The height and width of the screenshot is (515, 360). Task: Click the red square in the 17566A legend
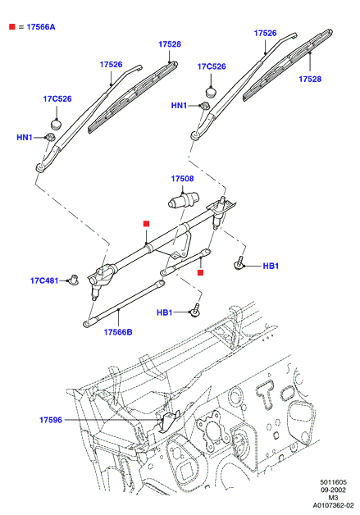12,26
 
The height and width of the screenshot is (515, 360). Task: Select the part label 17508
182,179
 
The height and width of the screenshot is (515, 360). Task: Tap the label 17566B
118,332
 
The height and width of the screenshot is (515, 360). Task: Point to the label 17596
51,420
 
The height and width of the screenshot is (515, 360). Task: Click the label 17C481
44,280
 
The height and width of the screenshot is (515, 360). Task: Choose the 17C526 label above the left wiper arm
57,99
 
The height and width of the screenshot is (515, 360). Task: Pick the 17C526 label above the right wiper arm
212,66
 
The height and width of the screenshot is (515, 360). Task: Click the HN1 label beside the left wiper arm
25,137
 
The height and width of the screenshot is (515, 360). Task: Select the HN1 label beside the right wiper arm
179,106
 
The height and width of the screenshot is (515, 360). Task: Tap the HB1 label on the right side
271,266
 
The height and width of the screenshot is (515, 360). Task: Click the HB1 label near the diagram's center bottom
165,312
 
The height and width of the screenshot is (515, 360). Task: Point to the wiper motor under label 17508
184,200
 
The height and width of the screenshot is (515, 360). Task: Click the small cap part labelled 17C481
73,280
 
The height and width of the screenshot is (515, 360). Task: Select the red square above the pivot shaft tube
147,224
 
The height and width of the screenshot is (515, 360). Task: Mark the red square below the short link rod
201,272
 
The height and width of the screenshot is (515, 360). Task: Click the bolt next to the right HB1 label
239,263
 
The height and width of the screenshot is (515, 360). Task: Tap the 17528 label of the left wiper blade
170,44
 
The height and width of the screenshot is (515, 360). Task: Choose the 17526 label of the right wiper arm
266,33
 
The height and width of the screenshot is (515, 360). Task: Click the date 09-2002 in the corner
334,490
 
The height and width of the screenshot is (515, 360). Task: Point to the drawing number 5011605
334,482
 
